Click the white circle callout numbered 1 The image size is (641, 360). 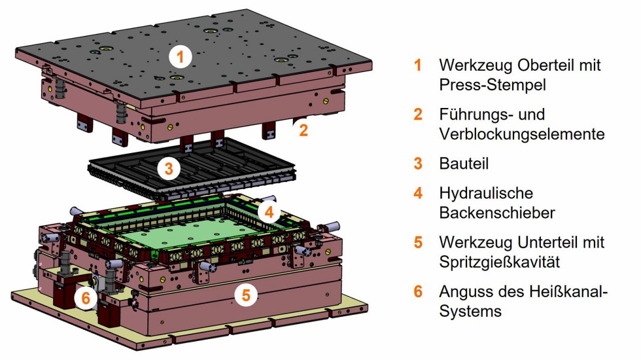point(180,57)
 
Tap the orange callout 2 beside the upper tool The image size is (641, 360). point(303,130)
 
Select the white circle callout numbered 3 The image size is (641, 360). point(169,169)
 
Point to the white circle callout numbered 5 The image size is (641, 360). point(245,295)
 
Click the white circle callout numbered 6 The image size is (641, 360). point(86,298)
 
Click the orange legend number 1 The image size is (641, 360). point(417,66)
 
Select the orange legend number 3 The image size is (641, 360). point(418,164)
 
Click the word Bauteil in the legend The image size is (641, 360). point(464,164)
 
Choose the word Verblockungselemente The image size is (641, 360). point(521,134)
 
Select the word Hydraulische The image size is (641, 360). point(486,194)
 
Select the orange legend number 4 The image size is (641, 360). point(418,194)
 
